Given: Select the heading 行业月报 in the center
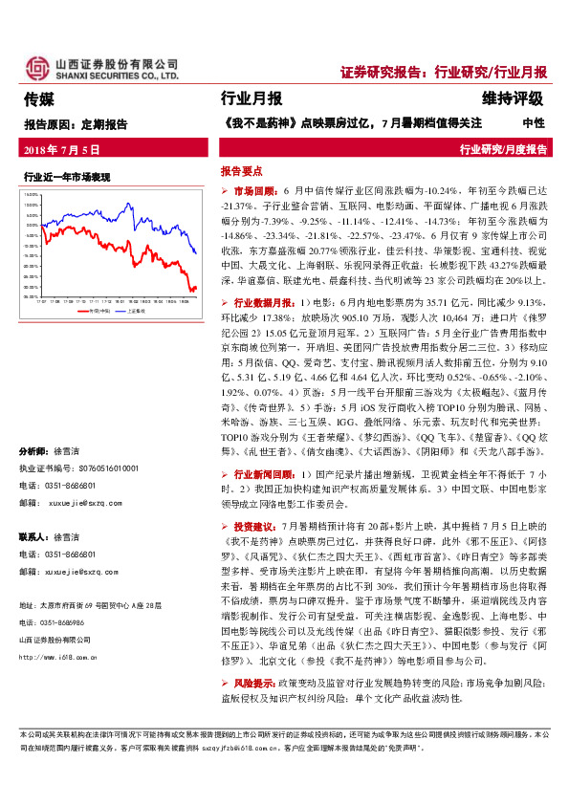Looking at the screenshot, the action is (x=251, y=98).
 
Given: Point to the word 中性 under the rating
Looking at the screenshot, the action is (x=533, y=122).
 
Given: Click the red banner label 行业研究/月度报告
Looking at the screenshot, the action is (x=504, y=149).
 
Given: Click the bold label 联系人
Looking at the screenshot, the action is (x=33, y=537).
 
